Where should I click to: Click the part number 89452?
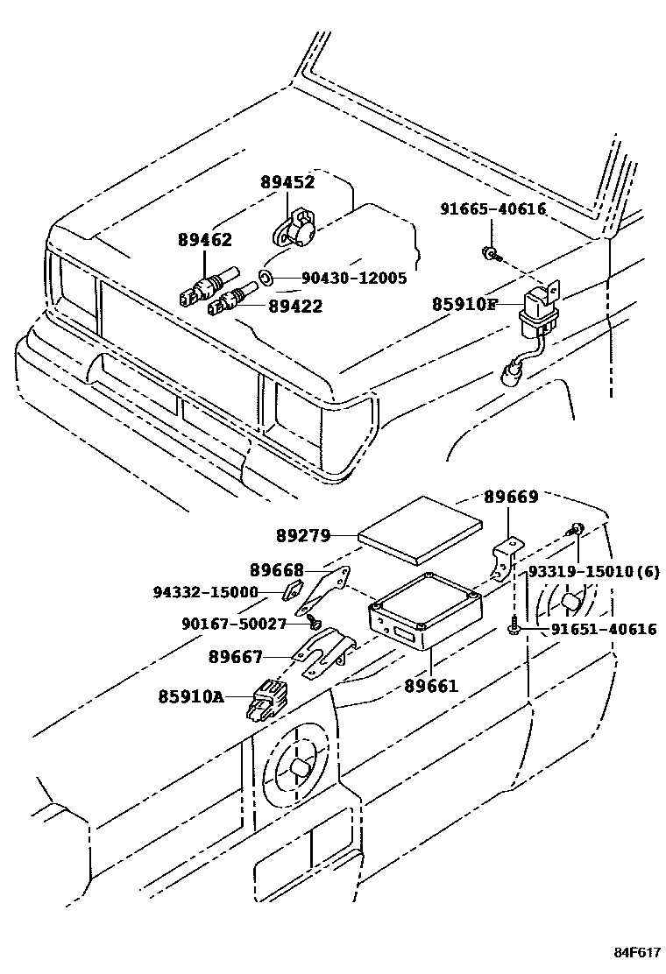(287, 183)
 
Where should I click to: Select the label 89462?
(204, 239)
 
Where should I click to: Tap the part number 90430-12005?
(354, 279)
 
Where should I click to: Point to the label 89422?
(295, 306)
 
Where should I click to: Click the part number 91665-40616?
(493, 208)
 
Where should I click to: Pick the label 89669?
(511, 497)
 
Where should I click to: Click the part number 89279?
(303, 533)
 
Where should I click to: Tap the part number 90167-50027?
(234, 624)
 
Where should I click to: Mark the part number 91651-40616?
(604, 629)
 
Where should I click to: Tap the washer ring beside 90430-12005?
(266, 279)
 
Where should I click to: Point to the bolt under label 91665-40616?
(492, 254)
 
